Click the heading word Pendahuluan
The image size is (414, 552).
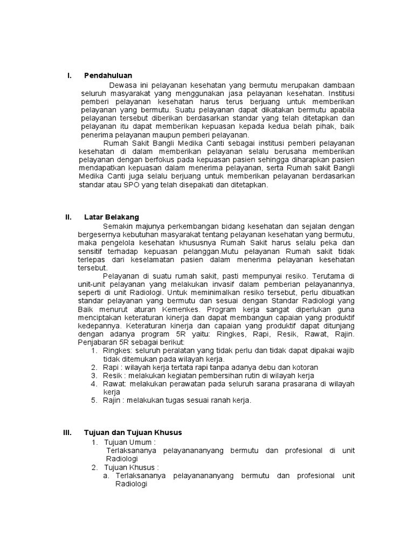[x=108, y=75]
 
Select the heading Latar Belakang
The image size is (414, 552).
[x=112, y=217]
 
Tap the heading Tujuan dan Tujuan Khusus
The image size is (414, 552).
[x=133, y=432]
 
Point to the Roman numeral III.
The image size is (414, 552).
[x=67, y=432]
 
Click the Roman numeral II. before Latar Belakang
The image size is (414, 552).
[x=68, y=217]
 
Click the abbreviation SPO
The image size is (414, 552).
[x=131, y=184]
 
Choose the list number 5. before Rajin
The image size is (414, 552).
[x=94, y=400]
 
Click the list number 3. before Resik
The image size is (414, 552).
[x=94, y=375]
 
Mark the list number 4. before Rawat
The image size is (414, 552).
[x=94, y=384]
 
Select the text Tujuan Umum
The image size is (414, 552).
[x=128, y=442]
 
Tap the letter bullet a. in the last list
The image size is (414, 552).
[x=106, y=476]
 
